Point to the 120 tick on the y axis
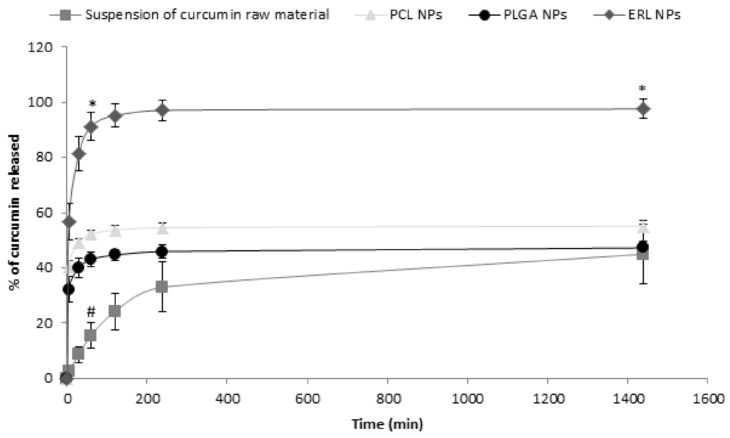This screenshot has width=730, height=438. pos(40,47)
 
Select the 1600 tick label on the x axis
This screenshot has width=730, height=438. pos(707,399)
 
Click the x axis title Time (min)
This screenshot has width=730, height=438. pos(388,424)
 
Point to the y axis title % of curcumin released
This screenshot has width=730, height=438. pos(14,212)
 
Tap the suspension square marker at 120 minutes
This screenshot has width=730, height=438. pos(115,311)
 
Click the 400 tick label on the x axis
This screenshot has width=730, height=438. pos(227,399)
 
